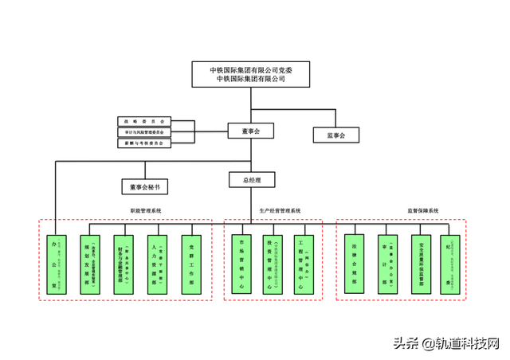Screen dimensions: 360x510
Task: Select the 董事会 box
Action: coord(252,130)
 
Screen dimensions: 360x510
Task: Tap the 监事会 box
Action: coord(336,135)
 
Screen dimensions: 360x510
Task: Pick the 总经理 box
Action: coord(252,180)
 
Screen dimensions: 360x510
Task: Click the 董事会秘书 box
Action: coord(145,187)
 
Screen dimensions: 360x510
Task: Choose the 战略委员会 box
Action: coord(143,121)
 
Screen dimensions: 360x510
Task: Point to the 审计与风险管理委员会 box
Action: coord(143,131)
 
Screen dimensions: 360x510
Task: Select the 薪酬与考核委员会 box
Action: coord(143,143)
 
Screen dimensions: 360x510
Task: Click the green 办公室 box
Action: coord(55,265)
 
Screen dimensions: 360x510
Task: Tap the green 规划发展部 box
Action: coord(90,265)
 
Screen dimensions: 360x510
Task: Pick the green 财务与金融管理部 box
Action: coord(124,265)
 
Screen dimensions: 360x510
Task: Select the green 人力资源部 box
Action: coord(158,265)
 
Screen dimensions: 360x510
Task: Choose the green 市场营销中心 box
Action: coord(241,265)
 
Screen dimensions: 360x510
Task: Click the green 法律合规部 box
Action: coord(354,265)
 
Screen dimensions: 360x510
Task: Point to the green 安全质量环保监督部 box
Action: coord(421,265)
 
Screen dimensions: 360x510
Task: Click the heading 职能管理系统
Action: coord(146,211)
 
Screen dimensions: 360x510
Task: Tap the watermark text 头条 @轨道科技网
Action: coord(445,343)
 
